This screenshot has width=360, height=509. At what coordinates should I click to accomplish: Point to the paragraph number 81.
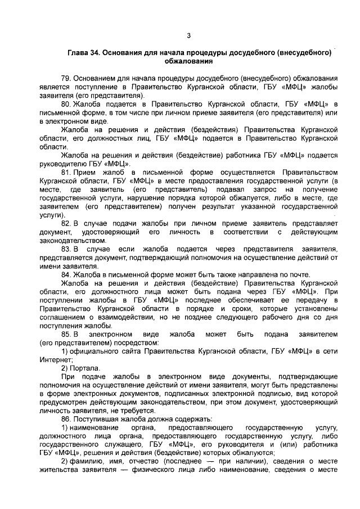66,172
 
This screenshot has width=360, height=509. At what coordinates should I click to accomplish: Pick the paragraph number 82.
66,223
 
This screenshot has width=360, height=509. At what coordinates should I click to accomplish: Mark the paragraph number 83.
66,249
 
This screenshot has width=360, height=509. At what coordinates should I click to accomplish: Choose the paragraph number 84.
66,274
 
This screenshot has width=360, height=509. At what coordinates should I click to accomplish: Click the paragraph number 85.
66,334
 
